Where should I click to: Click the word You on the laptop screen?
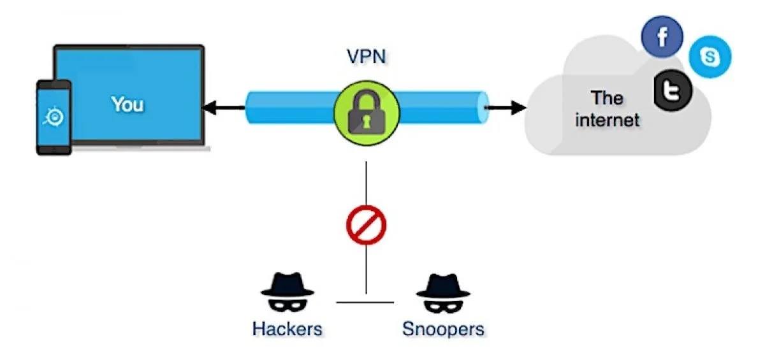click(127, 104)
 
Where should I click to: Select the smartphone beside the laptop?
click(54, 117)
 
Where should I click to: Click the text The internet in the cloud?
click(606, 108)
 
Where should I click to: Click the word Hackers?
click(288, 329)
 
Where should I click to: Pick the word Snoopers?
click(443, 329)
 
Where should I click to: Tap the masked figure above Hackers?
click(288, 292)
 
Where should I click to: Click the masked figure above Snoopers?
click(443, 292)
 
